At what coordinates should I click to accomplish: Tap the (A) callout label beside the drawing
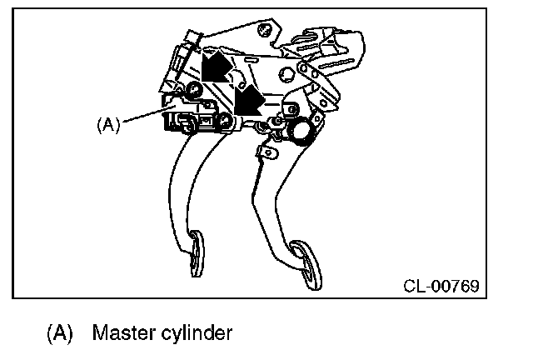108,125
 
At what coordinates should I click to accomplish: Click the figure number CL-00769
441,287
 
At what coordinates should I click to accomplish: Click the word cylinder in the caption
194,334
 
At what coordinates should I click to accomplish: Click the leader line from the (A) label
143,116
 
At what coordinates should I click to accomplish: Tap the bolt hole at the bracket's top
264,32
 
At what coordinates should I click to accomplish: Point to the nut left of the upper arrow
192,89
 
